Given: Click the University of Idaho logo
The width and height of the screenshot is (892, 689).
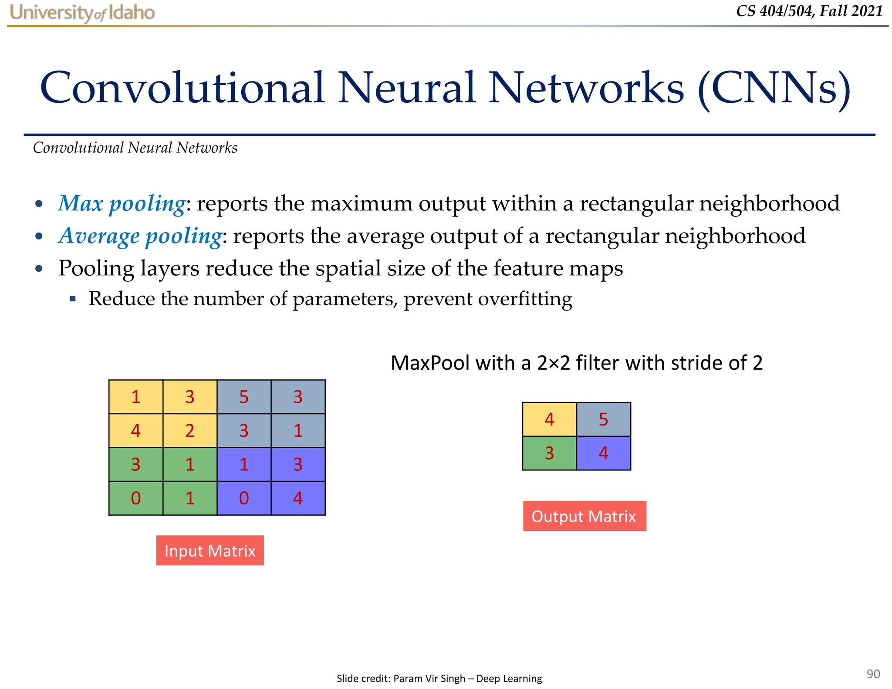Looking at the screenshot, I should tap(82, 13).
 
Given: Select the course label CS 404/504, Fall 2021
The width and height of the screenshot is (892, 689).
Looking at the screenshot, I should tap(809, 11).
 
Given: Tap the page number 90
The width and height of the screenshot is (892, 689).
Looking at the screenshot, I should tap(873, 674).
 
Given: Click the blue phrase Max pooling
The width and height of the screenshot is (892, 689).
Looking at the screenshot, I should tap(122, 203).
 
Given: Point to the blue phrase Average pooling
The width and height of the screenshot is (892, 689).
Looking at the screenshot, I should tap(140, 236).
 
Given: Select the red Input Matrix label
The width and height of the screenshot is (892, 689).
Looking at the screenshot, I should tap(210, 551).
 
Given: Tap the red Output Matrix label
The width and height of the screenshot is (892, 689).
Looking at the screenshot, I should tap(584, 516).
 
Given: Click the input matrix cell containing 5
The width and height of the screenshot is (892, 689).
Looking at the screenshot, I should tap(244, 397).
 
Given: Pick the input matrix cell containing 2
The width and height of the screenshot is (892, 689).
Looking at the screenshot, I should tap(190, 431).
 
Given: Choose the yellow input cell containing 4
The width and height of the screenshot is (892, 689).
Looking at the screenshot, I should tap(136, 431).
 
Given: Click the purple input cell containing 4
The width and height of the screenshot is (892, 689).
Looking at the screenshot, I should tap(298, 498).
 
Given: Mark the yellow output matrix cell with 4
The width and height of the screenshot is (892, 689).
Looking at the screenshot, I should tap(549, 419).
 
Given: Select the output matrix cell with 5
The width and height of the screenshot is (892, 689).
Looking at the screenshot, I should tap(603, 419).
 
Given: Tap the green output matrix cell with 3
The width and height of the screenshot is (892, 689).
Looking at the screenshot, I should tap(549, 453).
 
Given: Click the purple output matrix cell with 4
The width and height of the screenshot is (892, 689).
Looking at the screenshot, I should tap(603, 453).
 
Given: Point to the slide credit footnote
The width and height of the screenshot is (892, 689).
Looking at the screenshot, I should tap(439, 678).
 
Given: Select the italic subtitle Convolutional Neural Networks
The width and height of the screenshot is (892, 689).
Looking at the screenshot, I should tap(135, 148).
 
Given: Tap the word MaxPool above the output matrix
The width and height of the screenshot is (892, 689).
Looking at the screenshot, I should tap(430, 363).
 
